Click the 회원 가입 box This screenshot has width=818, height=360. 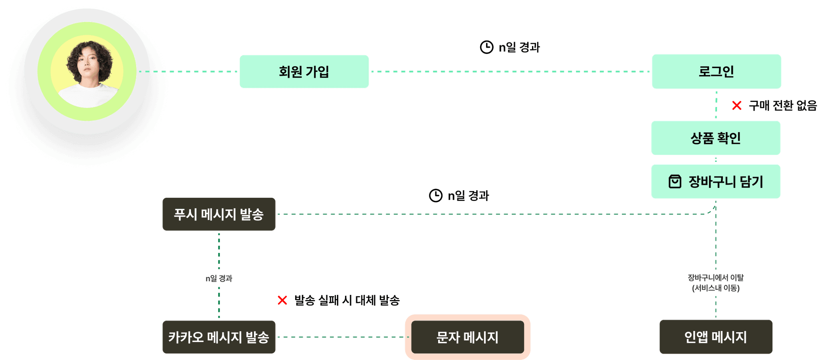tap(304, 72)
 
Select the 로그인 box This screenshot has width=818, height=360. tap(716, 72)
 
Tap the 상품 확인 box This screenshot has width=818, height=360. tap(715, 138)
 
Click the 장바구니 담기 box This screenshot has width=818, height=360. tap(715, 182)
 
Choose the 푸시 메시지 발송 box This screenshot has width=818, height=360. tap(219, 215)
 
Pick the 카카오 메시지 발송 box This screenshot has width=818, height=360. tap(219, 337)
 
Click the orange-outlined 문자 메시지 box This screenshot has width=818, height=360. tap(467, 337)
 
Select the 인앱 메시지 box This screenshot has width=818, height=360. tap(716, 337)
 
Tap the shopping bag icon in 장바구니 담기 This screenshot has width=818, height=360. tap(675, 181)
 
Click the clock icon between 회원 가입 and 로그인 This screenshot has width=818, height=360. tap(486, 47)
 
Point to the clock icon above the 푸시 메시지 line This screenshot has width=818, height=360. tap(436, 195)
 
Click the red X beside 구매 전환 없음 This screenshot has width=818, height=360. tap(737, 105)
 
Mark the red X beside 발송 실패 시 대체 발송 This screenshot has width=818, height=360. tap(282, 300)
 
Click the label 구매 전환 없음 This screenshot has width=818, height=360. tap(782, 105)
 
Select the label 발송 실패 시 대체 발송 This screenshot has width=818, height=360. tap(347, 300)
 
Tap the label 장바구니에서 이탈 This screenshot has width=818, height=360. tap(715, 278)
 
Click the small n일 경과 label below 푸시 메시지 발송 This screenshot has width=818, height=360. tap(219, 278)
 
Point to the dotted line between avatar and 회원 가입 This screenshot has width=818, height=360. tap(188, 72)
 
